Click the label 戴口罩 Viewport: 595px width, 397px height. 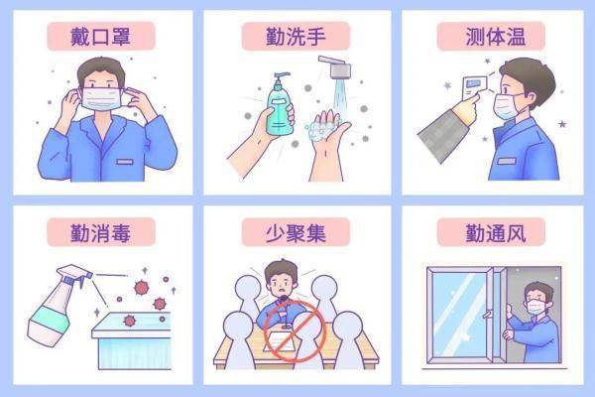tap(100, 38)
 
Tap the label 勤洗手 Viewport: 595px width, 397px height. tap(297, 38)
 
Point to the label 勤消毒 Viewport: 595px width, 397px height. tap(100, 234)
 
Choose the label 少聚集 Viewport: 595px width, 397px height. tap(297, 234)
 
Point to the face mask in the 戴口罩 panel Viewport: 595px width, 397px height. tap(100, 97)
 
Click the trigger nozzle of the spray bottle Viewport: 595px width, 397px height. tap(74, 273)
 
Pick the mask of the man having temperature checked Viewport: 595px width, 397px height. tap(508, 104)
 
